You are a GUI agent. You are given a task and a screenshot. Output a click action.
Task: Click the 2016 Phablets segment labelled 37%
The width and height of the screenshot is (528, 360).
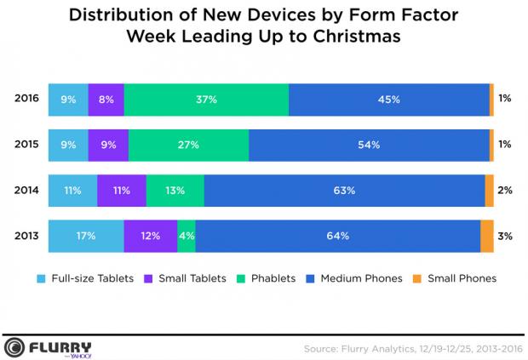pos(207,100)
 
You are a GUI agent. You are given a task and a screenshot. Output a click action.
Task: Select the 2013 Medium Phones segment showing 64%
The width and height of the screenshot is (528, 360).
pos(338,236)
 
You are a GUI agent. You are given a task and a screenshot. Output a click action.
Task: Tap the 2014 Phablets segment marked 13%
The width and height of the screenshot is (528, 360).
pos(175,191)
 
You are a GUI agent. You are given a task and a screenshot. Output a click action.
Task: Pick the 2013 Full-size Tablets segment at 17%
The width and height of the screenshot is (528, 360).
pos(86,236)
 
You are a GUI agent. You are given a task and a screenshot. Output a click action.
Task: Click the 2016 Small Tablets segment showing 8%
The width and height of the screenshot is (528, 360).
pos(106,100)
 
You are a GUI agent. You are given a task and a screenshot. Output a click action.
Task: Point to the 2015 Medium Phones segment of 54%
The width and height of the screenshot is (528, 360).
pos(369,145)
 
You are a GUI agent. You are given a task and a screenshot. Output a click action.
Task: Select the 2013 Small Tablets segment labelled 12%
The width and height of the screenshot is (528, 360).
pos(151,236)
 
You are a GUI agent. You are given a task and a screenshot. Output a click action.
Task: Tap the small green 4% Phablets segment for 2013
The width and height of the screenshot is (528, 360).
pos(187,236)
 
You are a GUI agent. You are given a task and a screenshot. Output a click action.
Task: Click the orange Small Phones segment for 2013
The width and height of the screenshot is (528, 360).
pos(487,236)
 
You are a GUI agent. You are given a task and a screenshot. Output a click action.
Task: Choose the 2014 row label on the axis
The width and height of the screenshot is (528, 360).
pos(26,191)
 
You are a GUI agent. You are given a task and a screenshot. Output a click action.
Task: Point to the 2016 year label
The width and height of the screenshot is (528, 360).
pos(26,100)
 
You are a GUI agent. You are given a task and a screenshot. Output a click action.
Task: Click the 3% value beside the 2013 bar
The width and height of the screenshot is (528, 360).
pos(505,236)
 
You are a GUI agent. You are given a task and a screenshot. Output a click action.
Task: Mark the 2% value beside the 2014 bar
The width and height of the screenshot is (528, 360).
pos(505,191)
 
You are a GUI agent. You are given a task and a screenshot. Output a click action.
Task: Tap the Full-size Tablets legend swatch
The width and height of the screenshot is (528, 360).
pos(41,278)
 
